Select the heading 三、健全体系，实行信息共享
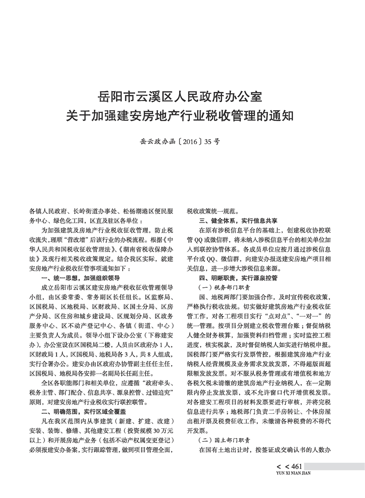click(x=238, y=221)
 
